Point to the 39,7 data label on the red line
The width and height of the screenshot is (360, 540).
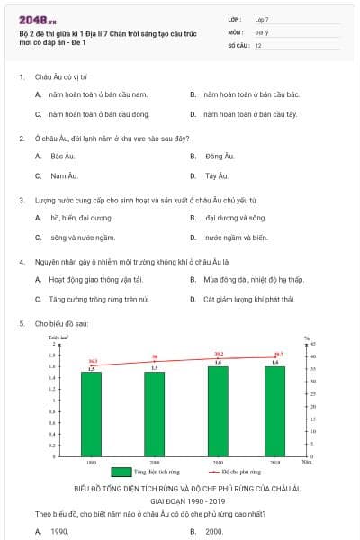[x=278, y=354]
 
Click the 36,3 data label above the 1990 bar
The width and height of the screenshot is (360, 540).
[x=93, y=361]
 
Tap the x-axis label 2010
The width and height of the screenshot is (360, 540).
[x=218, y=461]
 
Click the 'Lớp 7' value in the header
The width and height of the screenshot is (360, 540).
[x=262, y=18]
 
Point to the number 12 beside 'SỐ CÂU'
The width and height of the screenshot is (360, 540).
[x=258, y=44]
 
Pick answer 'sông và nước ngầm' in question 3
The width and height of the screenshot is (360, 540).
[x=82, y=238]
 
